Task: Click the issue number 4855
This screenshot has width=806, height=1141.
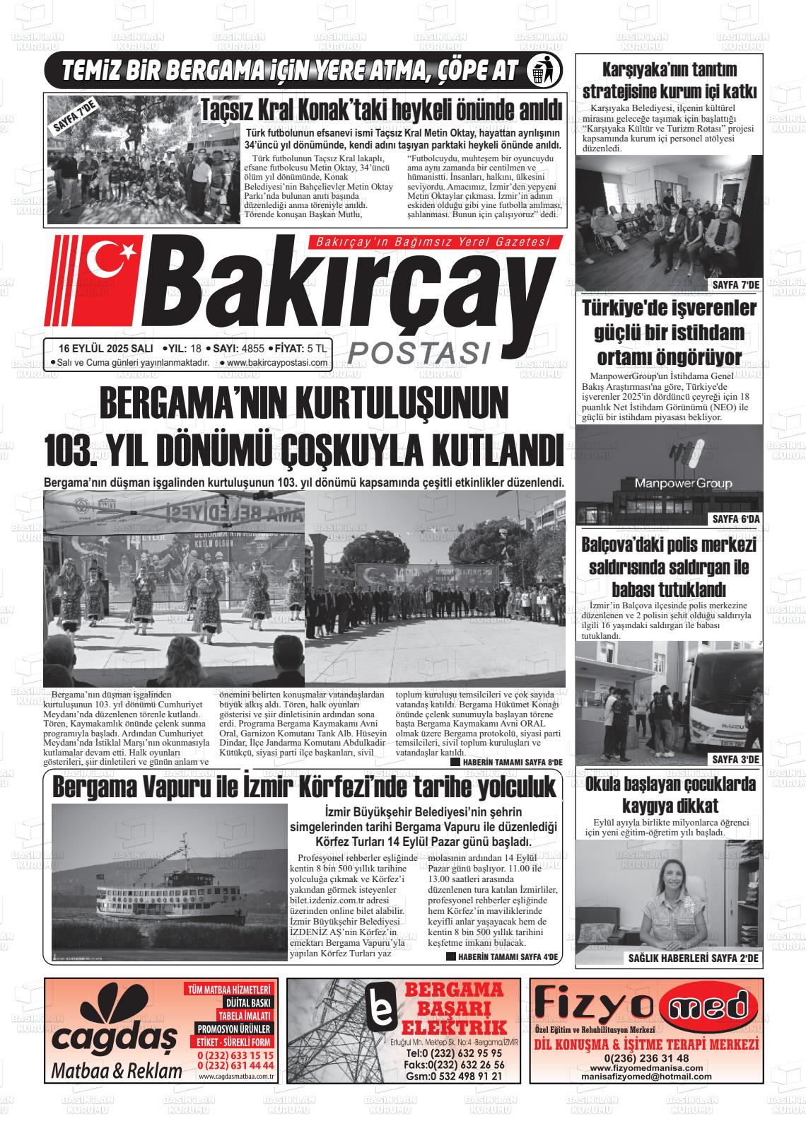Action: pyautogui.click(x=252, y=349)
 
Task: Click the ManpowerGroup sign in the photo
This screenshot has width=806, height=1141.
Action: pyautogui.click(x=672, y=484)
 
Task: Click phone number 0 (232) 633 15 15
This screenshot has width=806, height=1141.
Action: pyautogui.click(x=236, y=1055)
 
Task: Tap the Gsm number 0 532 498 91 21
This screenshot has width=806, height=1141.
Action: pyautogui.click(x=454, y=1077)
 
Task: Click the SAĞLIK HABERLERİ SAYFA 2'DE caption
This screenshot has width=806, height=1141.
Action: pyautogui.click(x=693, y=958)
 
